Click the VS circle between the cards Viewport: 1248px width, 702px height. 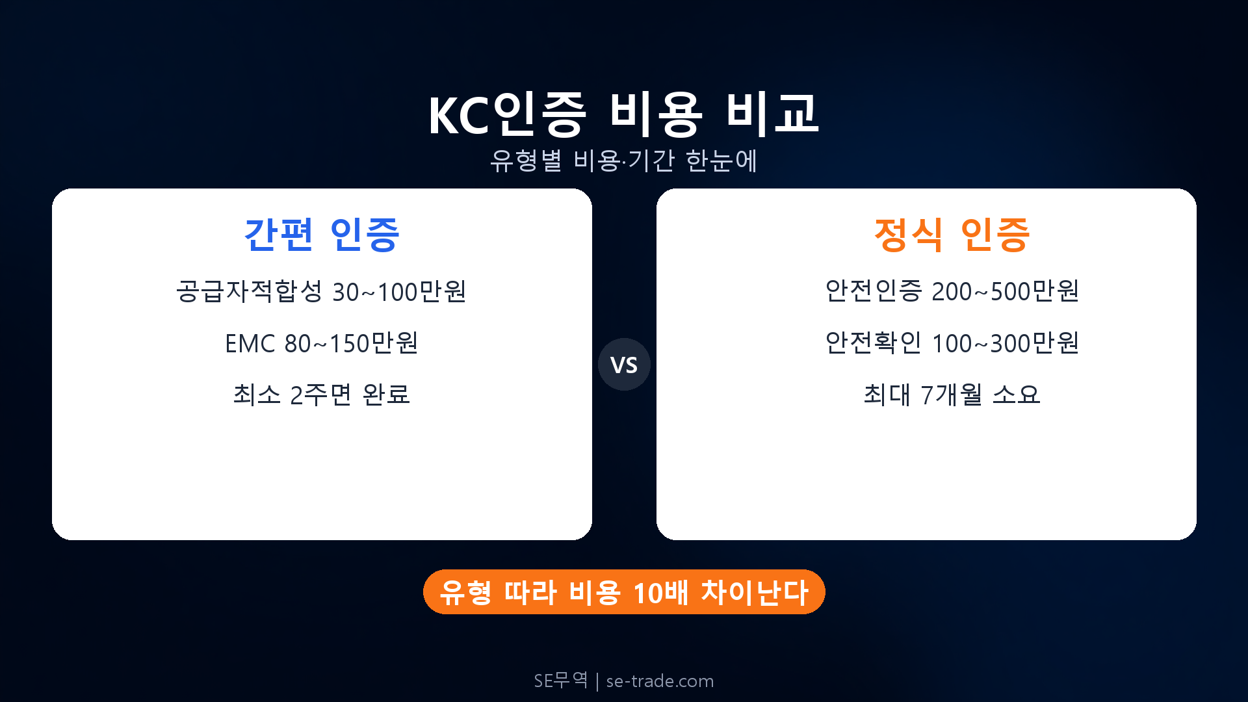coord(624,365)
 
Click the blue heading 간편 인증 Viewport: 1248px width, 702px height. coord(322,234)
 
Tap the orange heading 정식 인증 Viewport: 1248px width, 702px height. coord(952,234)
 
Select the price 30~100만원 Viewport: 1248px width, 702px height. coord(399,292)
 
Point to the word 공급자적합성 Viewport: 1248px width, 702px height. coord(249,292)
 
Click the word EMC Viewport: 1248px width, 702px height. coord(250,344)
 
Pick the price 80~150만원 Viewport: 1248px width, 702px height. coord(351,344)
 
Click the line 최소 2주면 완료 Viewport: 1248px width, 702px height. coord(322,395)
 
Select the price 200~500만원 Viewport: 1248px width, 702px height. coord(1005,292)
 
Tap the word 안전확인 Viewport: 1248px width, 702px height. coord(873,343)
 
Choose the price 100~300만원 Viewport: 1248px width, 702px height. coord(1005,343)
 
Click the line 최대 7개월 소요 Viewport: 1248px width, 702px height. coord(952,395)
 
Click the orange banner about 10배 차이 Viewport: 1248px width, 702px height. coord(624,592)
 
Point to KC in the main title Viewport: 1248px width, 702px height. coord(458,116)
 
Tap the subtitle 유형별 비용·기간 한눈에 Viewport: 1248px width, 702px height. coord(624,161)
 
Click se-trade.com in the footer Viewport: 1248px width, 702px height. coord(660,681)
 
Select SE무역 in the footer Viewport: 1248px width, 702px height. coord(560,681)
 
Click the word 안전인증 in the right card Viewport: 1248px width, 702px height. coord(873,291)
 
